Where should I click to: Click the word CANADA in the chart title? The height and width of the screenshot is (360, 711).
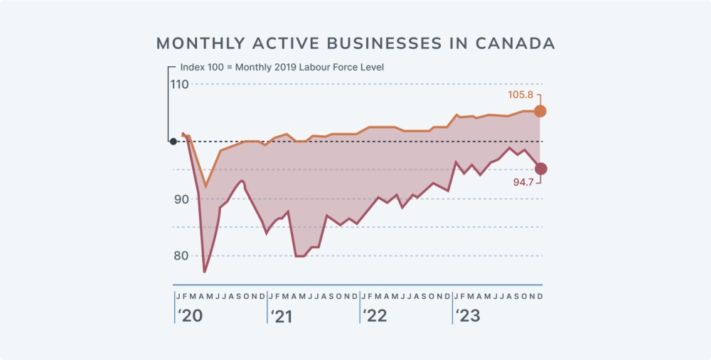515,43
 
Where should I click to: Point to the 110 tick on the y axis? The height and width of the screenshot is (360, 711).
179,84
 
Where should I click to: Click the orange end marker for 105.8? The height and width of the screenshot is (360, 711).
540,111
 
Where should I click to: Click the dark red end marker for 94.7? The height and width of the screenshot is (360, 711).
540,169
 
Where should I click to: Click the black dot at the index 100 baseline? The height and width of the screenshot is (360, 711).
173,142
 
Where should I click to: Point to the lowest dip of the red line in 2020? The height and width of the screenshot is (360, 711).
205,272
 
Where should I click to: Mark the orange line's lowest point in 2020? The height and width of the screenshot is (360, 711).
206,187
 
